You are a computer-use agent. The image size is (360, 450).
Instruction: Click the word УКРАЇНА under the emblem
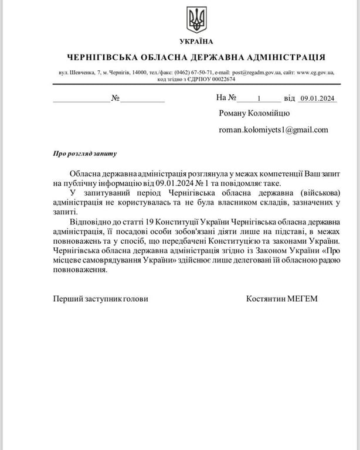[196, 42]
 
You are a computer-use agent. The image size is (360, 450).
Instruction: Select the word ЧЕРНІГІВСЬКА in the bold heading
[102, 57]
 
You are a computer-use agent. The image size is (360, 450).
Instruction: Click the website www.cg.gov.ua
[314, 73]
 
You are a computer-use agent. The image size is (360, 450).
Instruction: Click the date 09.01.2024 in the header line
[317, 98]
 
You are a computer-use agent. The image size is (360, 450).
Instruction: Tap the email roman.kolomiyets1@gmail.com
[273, 130]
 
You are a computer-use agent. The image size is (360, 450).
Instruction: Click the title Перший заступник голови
[100, 299]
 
